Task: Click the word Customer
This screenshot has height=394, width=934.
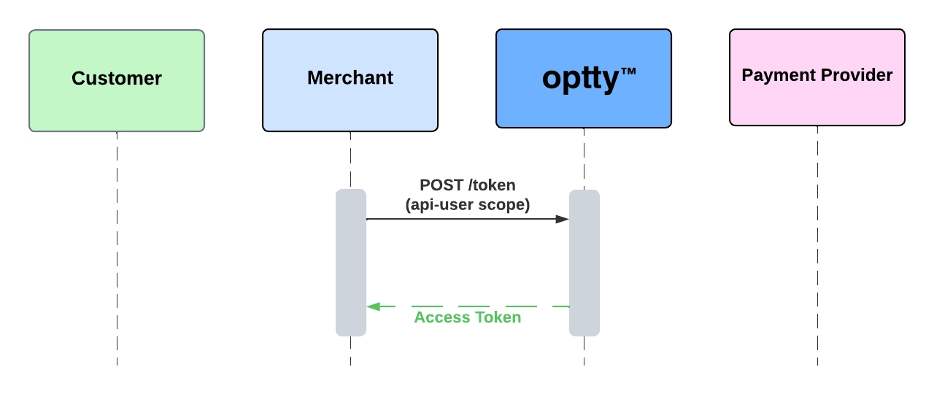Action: [117, 78]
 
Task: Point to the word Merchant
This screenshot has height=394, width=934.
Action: [350, 78]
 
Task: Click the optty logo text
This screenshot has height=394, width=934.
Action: [581, 79]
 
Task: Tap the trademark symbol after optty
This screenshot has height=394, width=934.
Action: [628, 72]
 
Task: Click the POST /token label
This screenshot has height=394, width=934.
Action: [467, 185]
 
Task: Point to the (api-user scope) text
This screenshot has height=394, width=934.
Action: [467, 205]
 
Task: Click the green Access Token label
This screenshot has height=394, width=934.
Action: [467, 317]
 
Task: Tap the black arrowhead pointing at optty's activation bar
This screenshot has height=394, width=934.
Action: [563, 219]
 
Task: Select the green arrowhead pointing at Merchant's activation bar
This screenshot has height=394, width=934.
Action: [373, 306]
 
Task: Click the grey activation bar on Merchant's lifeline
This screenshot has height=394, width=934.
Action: [351, 263]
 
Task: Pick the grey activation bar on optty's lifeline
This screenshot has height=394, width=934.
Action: [584, 263]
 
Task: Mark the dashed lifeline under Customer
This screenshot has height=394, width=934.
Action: [117, 248]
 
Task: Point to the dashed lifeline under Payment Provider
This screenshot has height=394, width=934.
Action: [817, 248]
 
